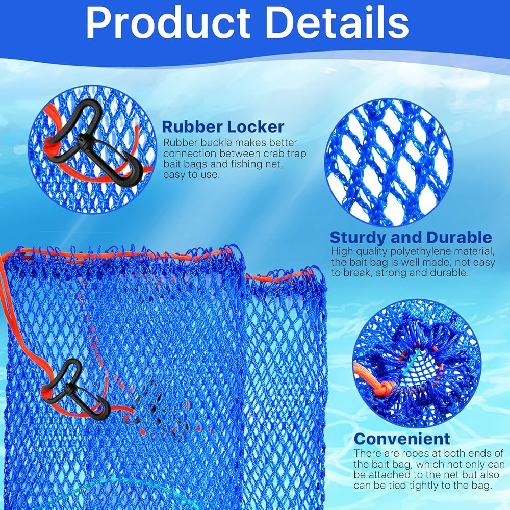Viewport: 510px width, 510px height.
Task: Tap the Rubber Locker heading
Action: [x=223, y=126]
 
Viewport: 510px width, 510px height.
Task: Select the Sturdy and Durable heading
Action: [x=411, y=237]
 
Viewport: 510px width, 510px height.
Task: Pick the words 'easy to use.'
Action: [x=191, y=175]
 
